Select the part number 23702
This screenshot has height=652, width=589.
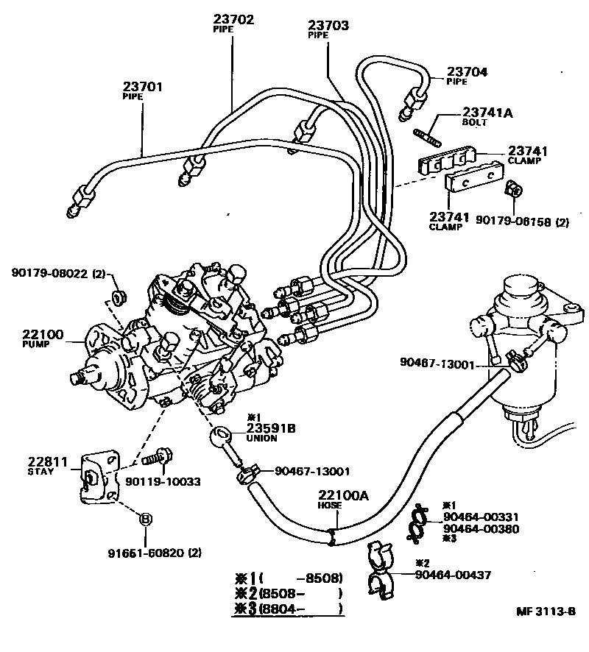(233, 19)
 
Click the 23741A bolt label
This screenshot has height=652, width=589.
(487, 113)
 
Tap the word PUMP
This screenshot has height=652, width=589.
(34, 344)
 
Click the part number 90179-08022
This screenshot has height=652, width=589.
(49, 274)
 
